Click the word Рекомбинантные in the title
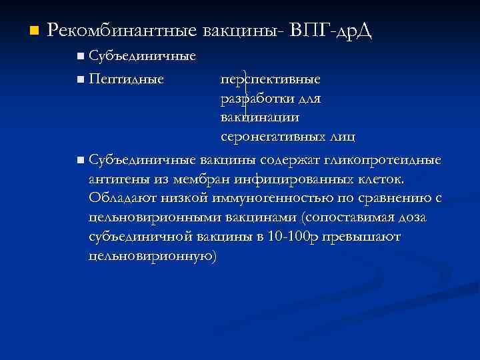123,31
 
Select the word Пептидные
127,79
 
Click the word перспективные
271,79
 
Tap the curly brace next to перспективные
247,79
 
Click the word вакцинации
260,117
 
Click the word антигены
116,180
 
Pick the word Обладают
116,199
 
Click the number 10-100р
289,237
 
